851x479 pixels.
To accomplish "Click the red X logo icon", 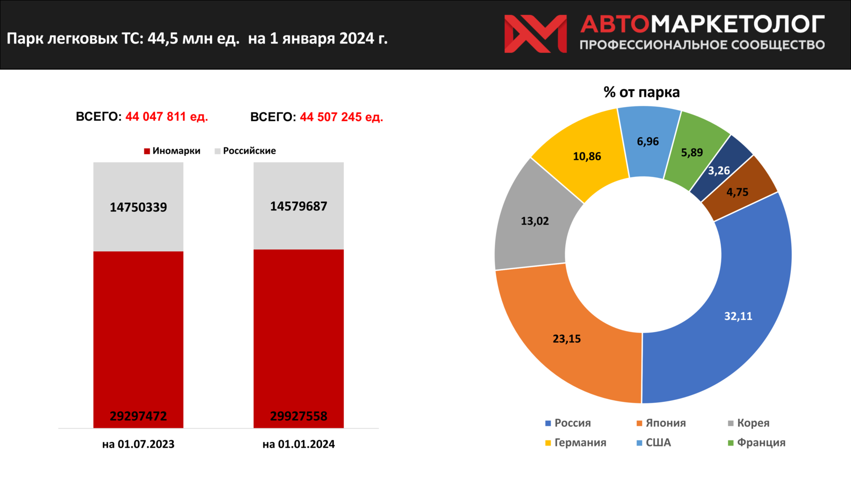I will [x=535, y=33].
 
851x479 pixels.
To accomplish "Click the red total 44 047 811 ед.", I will [x=166, y=117].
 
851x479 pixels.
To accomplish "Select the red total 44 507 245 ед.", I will [x=341, y=117].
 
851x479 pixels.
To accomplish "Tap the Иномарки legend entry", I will [x=172, y=151].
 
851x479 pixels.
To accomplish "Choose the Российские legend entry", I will [x=246, y=151].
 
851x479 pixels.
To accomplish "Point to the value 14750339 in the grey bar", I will [x=138, y=207].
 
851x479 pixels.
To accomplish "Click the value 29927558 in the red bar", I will [x=298, y=416].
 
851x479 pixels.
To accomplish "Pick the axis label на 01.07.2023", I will [x=138, y=445].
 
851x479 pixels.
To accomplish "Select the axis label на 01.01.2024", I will [x=298, y=445].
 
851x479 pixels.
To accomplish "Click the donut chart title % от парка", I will [x=641, y=92].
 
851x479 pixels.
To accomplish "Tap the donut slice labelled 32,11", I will [x=738, y=316].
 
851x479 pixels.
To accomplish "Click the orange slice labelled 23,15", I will [x=567, y=339].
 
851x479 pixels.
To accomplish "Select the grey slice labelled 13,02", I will [x=535, y=221].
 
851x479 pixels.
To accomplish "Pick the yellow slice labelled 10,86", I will [x=587, y=156].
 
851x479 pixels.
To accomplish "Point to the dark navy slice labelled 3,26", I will [x=719, y=170].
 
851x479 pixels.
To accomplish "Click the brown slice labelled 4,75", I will [x=738, y=192].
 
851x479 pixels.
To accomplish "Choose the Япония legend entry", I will [x=661, y=423].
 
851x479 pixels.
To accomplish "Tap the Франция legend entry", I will [x=756, y=443].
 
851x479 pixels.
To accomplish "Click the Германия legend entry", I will [x=575, y=443].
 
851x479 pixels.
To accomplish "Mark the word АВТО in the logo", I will [x=614, y=24].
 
